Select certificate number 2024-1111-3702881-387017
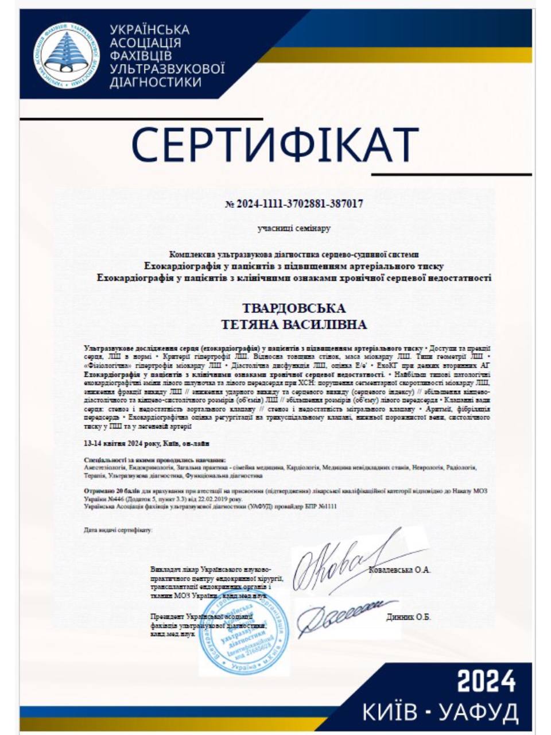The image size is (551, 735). [x=294, y=204]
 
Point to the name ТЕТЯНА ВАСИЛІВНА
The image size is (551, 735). [x=294, y=325]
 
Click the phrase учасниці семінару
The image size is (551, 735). [x=294, y=229]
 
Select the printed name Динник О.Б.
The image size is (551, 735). [x=408, y=617]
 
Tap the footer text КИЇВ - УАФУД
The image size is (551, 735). [x=440, y=712]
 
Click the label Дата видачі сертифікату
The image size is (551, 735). [x=118, y=530]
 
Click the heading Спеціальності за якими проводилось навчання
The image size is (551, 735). [x=154, y=461]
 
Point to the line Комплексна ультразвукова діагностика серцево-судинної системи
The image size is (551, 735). [x=294, y=254]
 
